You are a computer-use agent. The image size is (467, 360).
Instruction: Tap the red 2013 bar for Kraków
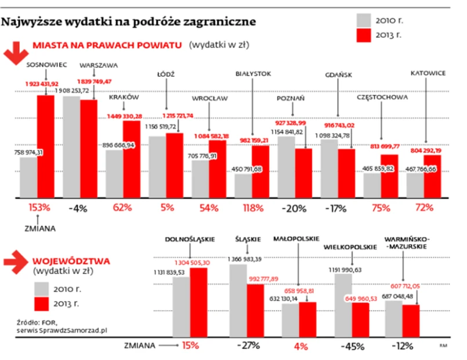131,160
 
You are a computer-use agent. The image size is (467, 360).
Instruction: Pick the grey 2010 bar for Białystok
243,185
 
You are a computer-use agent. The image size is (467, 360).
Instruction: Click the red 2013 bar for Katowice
432,175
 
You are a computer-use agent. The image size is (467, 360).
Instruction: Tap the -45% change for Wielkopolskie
352,346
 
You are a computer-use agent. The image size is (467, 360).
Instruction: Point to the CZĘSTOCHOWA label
382,98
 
